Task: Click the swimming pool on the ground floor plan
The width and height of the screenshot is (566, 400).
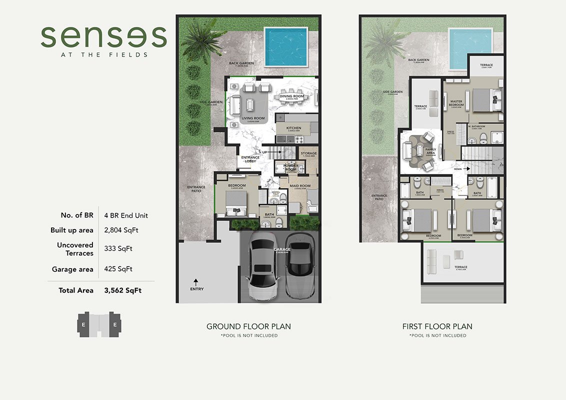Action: point(285,46)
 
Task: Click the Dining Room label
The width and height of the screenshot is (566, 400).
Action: point(291,96)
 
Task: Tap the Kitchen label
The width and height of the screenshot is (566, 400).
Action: point(293,128)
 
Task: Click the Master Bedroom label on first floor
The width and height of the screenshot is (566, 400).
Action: point(456,103)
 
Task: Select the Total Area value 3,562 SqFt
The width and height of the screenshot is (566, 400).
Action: point(122,290)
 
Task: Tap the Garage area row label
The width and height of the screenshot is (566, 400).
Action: point(72,269)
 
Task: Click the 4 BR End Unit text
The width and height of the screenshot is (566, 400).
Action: point(126,215)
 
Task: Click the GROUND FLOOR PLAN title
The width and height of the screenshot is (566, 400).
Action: point(248,326)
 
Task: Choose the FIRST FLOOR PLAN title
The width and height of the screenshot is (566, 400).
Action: point(437,326)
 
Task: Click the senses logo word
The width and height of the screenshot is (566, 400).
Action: point(103,37)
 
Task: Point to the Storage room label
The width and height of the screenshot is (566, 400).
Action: point(308,153)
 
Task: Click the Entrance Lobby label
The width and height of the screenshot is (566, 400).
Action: point(250,159)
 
